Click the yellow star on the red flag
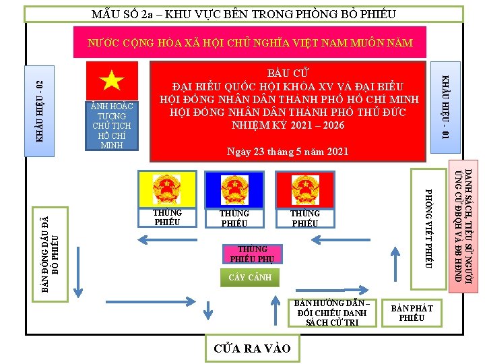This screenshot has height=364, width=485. pyautogui.click(x=112, y=81)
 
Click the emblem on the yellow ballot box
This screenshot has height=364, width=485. pyautogui.click(x=167, y=187)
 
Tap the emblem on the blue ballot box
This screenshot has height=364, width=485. pyautogui.click(x=234, y=188)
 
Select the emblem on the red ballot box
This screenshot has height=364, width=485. pyautogui.click(x=305, y=188)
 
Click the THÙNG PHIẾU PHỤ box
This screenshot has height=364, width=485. pyautogui.click(x=249, y=253)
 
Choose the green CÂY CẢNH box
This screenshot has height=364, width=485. pyautogui.click(x=249, y=277)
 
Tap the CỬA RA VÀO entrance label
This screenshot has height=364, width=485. pyautogui.click(x=252, y=348)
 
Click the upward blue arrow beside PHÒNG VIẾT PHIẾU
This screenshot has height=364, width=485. pyautogui.click(x=394, y=264)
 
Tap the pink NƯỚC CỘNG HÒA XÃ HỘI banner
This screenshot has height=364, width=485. pyautogui.click(x=250, y=42)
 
